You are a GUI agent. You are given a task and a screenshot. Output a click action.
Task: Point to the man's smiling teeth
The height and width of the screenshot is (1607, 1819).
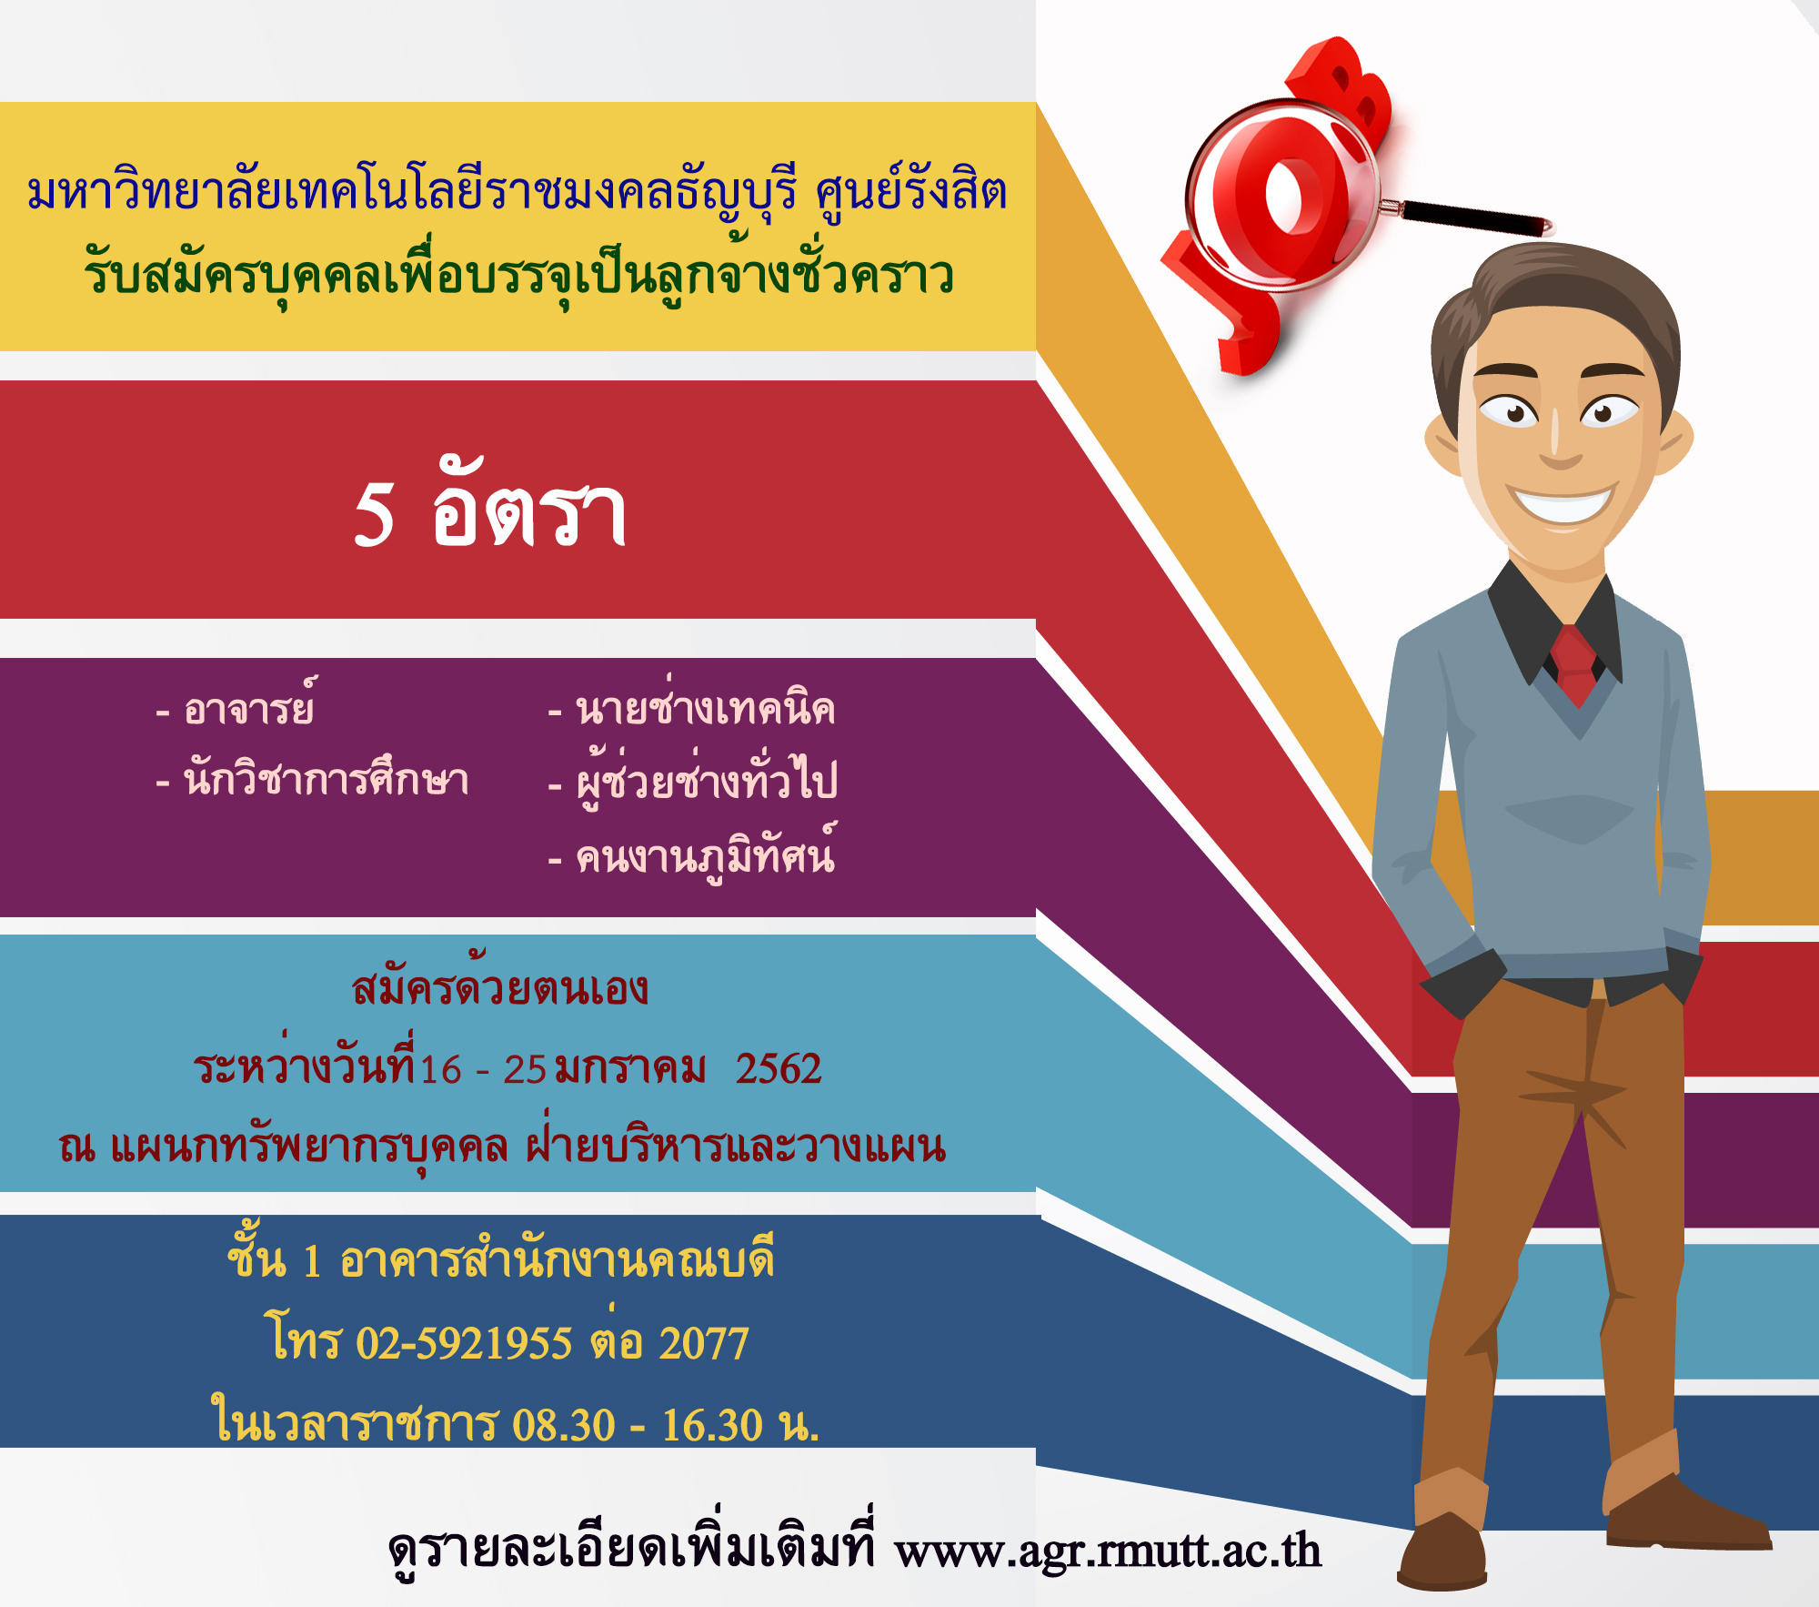[1563, 505]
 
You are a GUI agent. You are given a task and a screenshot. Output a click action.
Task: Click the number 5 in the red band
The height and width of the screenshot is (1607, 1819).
[374, 514]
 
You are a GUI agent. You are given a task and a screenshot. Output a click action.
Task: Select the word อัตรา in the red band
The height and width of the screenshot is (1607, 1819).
[529, 505]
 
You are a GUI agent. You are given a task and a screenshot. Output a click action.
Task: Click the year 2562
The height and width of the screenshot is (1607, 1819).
[779, 1068]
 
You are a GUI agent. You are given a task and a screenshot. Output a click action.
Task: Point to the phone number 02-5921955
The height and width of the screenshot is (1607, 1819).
[464, 1343]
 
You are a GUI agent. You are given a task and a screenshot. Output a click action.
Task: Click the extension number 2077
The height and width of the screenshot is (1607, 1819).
[704, 1343]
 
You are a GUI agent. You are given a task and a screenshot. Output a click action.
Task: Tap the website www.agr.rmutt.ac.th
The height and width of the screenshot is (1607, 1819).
[1108, 1550]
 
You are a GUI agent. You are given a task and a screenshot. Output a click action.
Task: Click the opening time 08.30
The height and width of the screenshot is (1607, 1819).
[564, 1425]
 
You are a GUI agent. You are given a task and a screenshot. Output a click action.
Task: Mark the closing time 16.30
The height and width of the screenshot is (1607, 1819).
[712, 1425]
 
